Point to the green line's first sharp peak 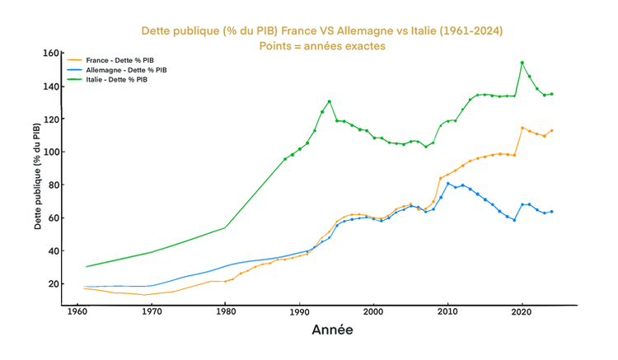click(x=330, y=101)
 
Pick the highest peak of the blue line click(x=449, y=182)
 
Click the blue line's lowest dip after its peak click(x=514, y=221)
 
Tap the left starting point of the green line click(x=86, y=266)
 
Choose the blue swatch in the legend click(x=73, y=70)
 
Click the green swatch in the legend click(x=73, y=80)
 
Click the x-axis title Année click(x=333, y=331)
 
